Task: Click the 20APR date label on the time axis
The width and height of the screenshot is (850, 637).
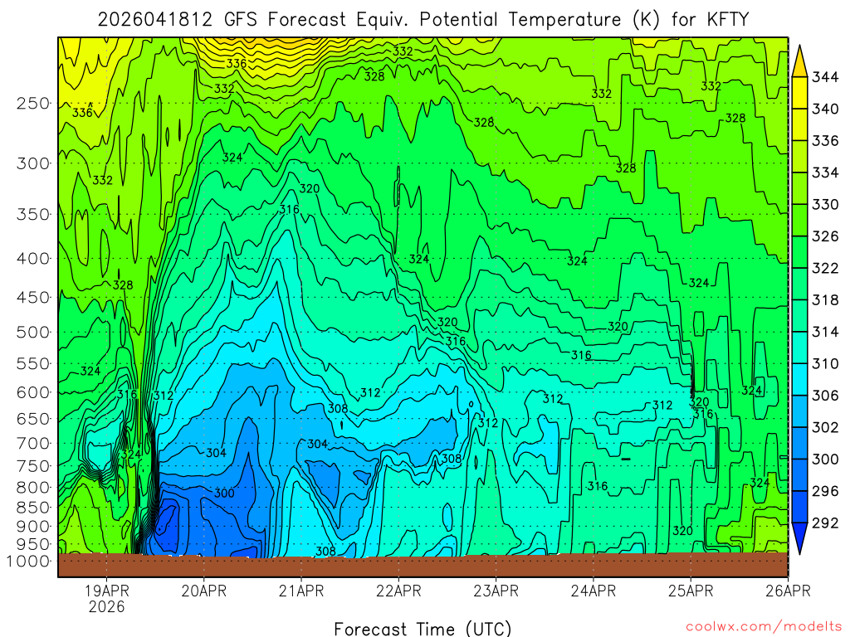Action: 204,591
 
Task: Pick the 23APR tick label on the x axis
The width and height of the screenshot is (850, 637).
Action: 496,591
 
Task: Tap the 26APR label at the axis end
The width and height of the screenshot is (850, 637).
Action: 788,591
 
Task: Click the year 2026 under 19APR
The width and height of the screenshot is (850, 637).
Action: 107,606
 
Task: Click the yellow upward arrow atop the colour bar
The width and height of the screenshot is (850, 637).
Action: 800,61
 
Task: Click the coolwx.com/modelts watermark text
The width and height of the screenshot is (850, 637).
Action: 763,626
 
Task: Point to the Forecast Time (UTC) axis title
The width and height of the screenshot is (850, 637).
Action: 423,628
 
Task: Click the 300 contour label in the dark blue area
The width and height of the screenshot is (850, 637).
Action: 224,494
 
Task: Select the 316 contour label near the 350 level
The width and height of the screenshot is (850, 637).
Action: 289,209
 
